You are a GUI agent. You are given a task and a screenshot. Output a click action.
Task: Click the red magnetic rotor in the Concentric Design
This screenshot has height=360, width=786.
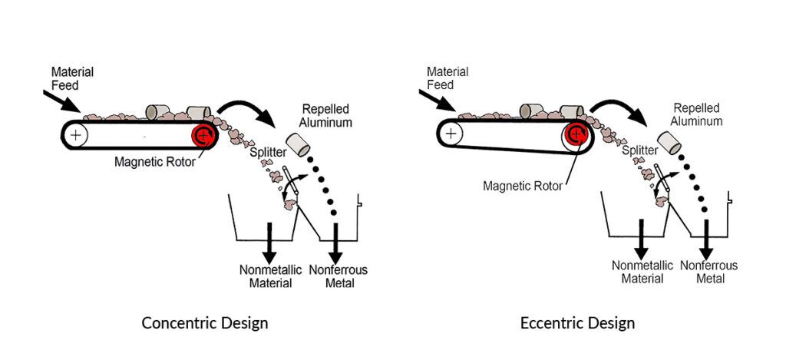pos(203,136)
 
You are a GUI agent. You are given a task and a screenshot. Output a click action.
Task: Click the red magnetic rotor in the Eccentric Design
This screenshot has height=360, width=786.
pos(576,134)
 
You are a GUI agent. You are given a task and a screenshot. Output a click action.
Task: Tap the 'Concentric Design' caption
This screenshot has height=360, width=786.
pos(205,322)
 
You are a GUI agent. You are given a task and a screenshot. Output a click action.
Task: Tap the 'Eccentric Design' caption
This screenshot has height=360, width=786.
pos(577,322)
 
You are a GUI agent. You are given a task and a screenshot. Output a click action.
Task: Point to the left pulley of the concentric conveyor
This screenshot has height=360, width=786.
pos(76,135)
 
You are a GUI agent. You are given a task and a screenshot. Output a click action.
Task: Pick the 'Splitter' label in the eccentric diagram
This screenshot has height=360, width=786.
pos(639,152)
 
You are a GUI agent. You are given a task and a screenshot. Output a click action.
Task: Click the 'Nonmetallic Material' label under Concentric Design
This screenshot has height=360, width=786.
pos(269,276)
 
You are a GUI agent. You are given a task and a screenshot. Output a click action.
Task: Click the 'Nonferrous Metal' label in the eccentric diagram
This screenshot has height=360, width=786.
pos(710,272)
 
